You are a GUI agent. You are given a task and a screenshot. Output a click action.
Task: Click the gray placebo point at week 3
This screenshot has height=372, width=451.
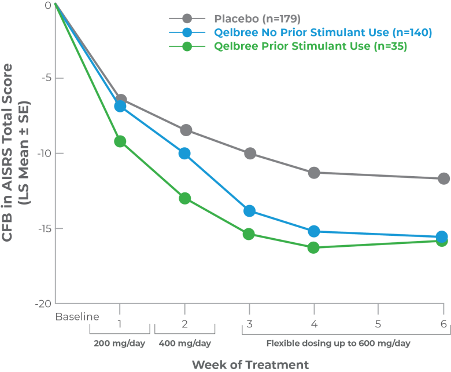tap(250, 154)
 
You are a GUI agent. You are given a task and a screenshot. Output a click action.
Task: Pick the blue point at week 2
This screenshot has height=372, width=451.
tap(184, 154)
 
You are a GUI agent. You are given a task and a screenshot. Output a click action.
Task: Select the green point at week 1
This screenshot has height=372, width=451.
tap(120, 141)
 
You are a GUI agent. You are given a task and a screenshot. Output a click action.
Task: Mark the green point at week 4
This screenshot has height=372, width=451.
tap(314, 247)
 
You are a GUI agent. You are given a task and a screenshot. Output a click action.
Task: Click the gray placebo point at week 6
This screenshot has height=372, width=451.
tap(443, 178)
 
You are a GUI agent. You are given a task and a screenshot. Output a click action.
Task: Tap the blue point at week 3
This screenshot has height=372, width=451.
tap(249, 210)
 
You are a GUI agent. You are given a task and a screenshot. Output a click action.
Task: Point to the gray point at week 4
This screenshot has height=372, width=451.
tap(314, 173)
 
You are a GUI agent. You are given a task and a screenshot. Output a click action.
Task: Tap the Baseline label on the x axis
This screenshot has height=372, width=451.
tap(77, 317)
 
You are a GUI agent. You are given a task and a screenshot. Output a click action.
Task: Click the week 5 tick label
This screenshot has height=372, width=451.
tap(378, 324)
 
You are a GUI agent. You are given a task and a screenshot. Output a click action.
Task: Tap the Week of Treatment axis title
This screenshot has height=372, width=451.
tap(250, 364)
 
